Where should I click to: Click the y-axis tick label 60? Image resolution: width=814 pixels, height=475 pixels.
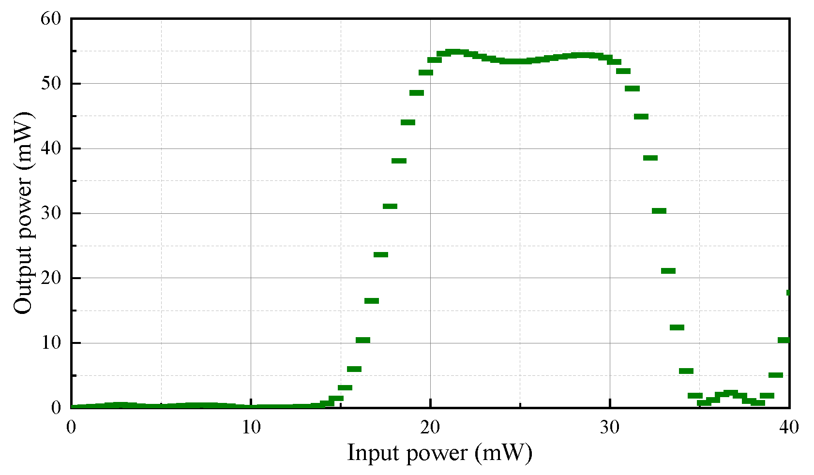point(51,18)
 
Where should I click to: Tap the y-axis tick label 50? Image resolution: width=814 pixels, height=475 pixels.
point(51,83)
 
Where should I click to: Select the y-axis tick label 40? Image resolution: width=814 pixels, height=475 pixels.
point(51,148)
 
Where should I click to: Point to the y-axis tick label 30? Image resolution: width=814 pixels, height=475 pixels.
point(51,213)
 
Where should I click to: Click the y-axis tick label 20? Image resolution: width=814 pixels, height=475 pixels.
point(51,278)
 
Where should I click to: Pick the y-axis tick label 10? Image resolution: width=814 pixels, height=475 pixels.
point(51,342)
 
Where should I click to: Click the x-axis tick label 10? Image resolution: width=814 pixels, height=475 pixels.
point(251,427)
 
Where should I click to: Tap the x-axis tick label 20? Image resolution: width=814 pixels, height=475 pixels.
point(430,427)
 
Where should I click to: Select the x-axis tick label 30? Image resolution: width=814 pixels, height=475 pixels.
point(610,427)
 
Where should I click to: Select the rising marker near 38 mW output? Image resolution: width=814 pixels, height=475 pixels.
point(399,161)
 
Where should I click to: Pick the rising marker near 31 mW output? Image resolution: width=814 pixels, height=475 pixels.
point(390,207)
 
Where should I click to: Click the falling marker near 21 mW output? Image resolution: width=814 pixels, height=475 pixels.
point(668,271)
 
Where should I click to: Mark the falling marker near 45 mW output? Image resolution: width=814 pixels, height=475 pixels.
point(641,117)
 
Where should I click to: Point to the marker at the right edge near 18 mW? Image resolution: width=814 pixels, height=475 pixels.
point(788,293)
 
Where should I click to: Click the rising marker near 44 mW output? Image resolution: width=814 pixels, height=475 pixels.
point(408,122)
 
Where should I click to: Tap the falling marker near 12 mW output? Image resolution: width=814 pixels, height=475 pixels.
point(677,327)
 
